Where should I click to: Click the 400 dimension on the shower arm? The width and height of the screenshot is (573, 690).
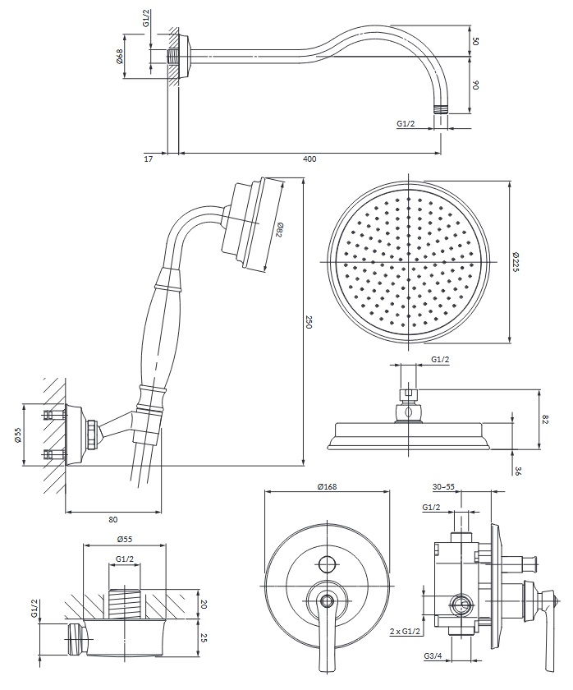309,159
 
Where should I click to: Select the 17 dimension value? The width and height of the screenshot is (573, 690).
148,159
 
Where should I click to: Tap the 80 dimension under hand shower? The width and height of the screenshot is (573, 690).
112,518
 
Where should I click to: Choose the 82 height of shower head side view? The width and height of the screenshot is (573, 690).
545,420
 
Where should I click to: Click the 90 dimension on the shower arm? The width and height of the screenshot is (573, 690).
475,84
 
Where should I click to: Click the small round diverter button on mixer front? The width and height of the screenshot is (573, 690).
327,563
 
